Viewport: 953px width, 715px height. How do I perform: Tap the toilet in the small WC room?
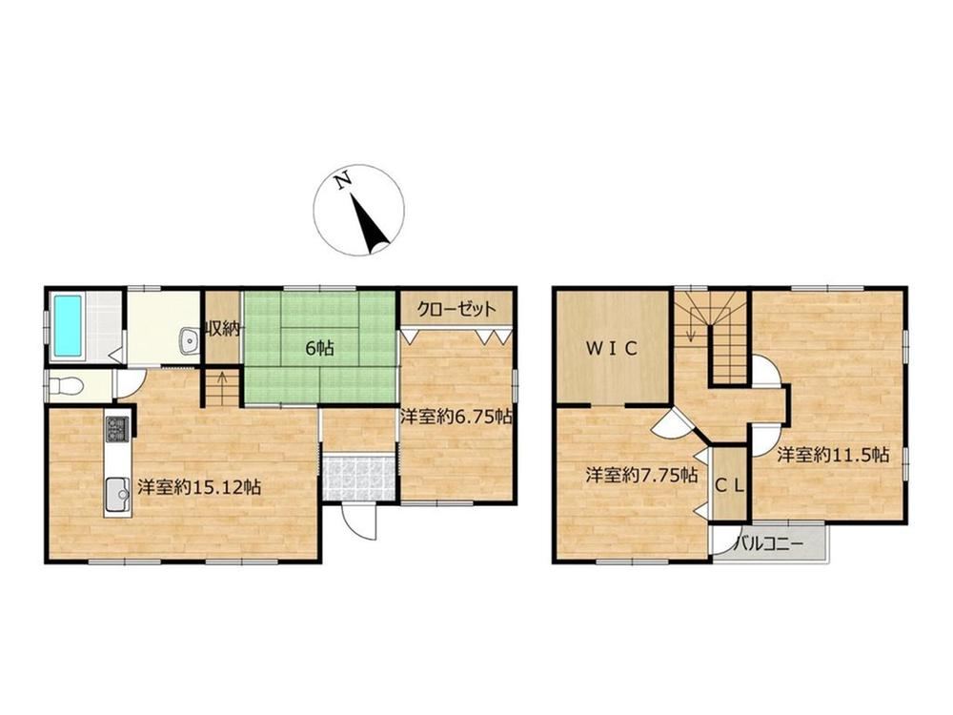click(65, 385)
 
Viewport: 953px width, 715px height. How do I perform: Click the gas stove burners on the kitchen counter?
click(117, 429)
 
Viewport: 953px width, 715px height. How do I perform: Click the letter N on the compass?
click(343, 180)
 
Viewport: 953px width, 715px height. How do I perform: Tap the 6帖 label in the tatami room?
click(319, 349)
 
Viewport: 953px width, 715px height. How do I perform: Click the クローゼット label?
click(456, 310)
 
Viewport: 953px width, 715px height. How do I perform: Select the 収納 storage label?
click(223, 330)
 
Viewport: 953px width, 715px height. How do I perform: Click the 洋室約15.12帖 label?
click(199, 487)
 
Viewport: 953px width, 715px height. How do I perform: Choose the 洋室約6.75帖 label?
click(456, 418)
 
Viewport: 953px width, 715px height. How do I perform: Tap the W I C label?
click(612, 348)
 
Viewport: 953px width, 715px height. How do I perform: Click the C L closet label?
click(729, 485)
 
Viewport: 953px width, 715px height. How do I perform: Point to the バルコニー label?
click(769, 543)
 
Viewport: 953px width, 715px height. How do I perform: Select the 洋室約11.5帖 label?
click(833, 455)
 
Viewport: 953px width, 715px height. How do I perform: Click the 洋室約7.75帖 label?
click(641, 475)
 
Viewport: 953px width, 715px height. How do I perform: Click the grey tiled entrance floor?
click(359, 478)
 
